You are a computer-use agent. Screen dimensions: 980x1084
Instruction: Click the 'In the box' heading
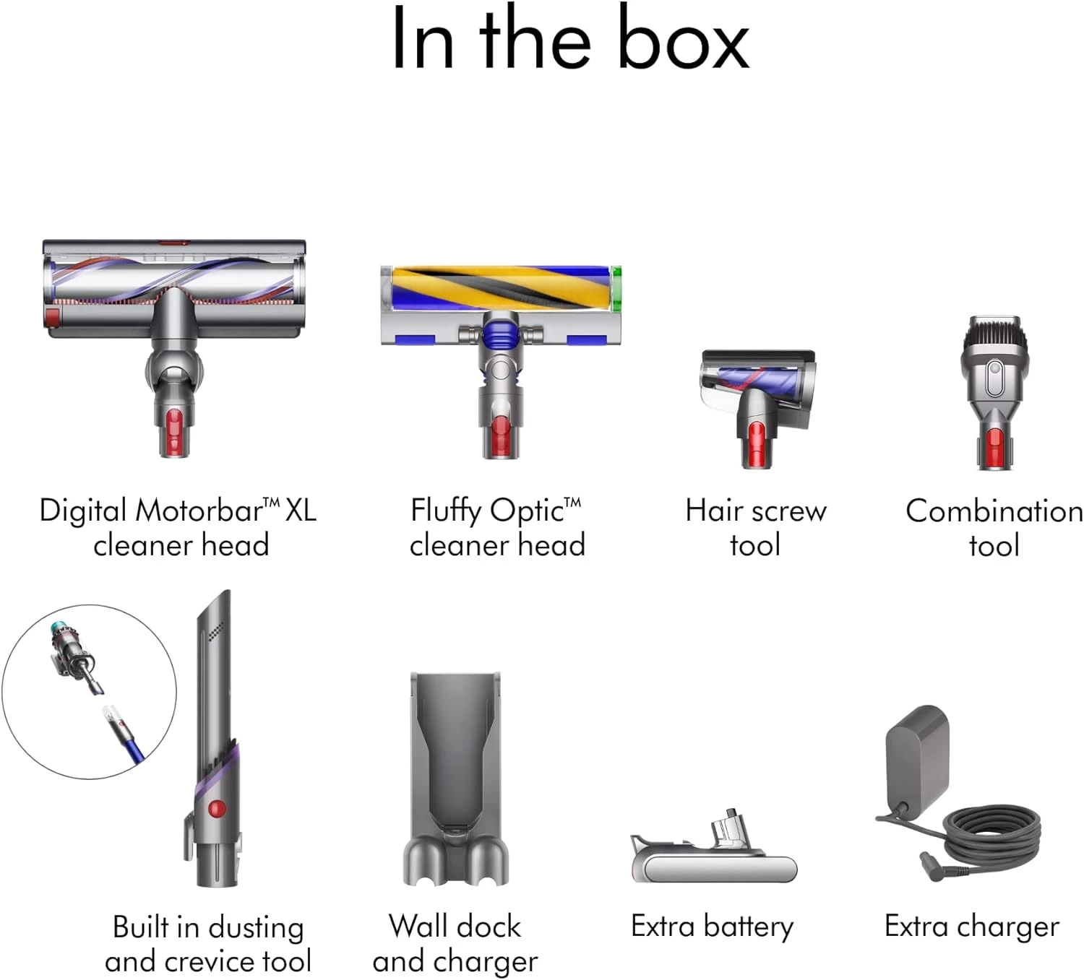tap(569, 39)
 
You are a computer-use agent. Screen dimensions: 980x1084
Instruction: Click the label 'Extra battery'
tap(712, 927)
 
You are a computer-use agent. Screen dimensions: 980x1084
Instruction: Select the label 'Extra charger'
tap(971, 927)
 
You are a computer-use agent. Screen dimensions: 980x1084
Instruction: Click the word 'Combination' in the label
tap(994, 511)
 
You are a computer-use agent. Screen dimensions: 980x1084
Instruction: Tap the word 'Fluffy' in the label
tap(446, 511)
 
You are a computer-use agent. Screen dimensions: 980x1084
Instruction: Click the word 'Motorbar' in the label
tap(199, 511)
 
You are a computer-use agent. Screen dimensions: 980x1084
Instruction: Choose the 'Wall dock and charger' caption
tap(455, 943)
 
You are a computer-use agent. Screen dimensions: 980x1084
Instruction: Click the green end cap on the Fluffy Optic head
tap(616, 289)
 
